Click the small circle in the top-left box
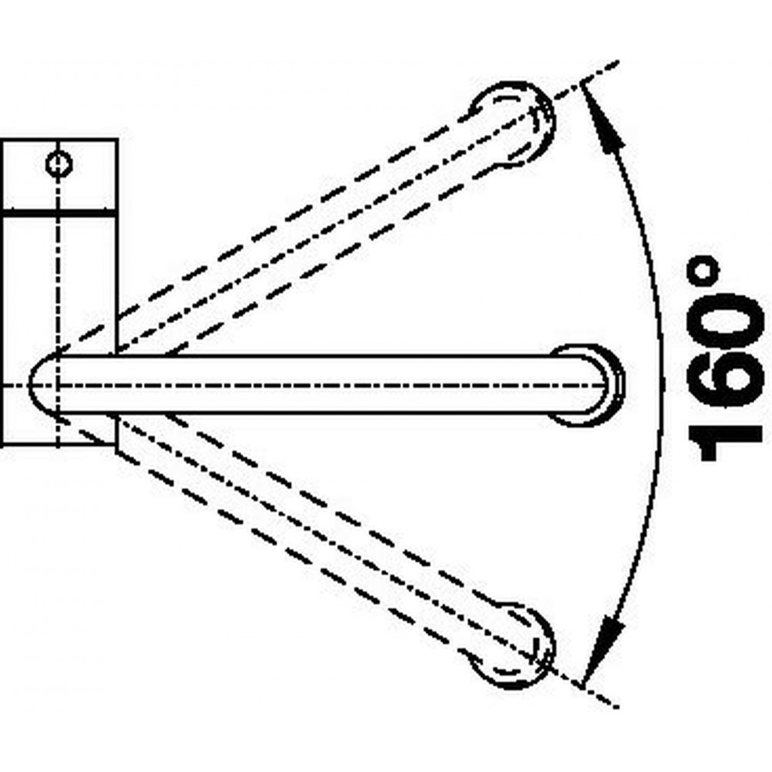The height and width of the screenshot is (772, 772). coord(59,164)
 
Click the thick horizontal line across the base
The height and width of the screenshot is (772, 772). coord(59,213)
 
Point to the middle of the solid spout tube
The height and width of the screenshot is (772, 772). coord(320,384)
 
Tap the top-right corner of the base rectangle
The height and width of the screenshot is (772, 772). coord(117,140)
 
